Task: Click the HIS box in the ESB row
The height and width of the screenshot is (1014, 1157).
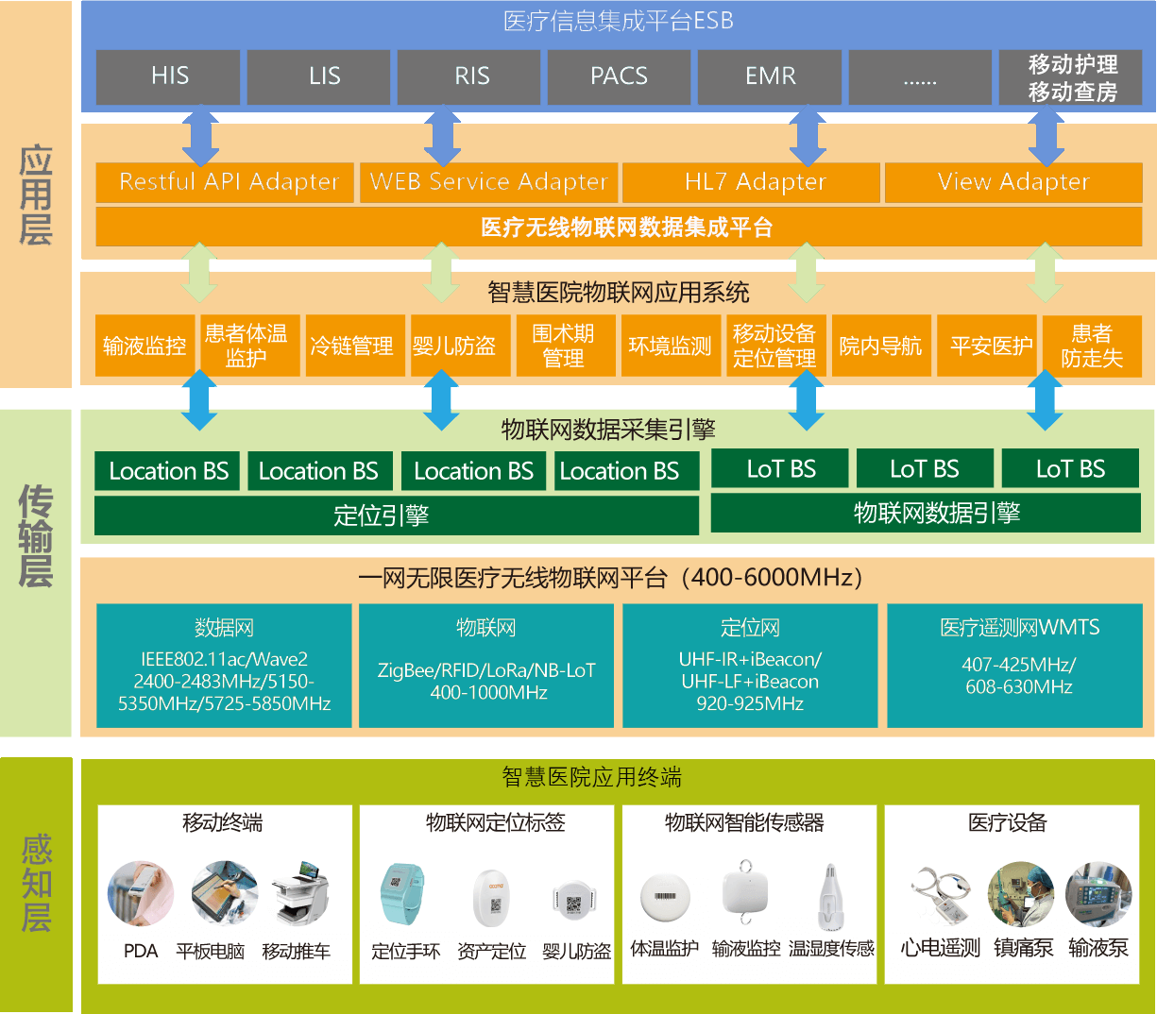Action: click(168, 76)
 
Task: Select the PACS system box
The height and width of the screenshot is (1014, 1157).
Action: click(619, 76)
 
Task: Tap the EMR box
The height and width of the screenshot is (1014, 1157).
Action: click(770, 76)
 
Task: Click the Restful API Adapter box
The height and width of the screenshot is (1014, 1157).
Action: click(225, 182)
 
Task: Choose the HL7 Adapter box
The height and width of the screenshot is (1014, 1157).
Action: click(752, 182)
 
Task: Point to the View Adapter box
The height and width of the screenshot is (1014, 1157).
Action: click(1013, 182)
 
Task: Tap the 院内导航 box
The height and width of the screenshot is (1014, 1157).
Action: click(881, 346)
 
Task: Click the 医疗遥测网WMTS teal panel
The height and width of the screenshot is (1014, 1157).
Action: click(1018, 666)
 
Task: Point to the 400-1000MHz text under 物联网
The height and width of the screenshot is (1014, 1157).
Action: click(488, 692)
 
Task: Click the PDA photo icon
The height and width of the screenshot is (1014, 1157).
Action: click(141, 893)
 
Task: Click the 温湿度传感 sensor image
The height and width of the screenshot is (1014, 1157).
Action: click(828, 897)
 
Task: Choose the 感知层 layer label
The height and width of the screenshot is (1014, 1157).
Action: click(36, 884)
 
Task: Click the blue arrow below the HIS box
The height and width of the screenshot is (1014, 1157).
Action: click(200, 138)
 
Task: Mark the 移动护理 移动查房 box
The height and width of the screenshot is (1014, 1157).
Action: click(1071, 77)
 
